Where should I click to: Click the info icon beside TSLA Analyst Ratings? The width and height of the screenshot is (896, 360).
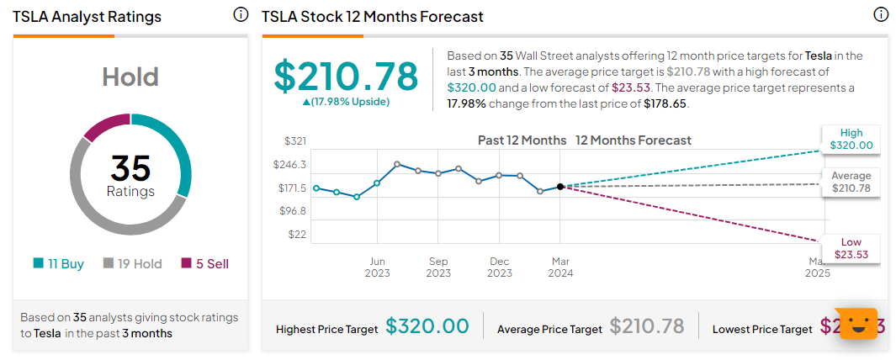[x=241, y=15]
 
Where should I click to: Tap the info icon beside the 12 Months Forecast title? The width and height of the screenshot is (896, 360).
[x=881, y=15]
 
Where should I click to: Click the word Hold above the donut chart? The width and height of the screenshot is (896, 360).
[x=130, y=77]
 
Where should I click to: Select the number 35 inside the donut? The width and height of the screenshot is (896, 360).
[x=130, y=168]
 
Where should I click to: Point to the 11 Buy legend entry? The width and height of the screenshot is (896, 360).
[x=59, y=263]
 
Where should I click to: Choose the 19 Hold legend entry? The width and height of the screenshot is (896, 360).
[x=132, y=263]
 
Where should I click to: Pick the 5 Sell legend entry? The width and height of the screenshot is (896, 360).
[x=204, y=263]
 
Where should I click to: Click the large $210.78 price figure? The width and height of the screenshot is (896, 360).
[x=346, y=77]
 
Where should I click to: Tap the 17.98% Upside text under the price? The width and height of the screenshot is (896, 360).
[x=346, y=102]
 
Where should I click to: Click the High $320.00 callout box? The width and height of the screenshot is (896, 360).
[x=851, y=139]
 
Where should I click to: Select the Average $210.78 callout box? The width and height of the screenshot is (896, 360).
[x=851, y=181]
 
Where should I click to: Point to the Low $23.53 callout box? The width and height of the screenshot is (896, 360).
[x=851, y=248]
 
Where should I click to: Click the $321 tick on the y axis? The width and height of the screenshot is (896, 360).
[x=294, y=141]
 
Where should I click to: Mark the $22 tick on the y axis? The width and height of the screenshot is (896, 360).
[x=297, y=234]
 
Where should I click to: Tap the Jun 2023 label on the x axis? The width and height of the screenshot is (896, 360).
[x=377, y=267]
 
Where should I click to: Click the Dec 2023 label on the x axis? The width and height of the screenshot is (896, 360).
[x=499, y=267]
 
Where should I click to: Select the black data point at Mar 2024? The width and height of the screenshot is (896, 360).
[x=559, y=187]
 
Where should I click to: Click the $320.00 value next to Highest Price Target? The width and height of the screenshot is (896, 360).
[x=427, y=326]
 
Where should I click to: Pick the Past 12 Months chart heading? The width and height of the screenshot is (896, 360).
[x=522, y=140]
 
